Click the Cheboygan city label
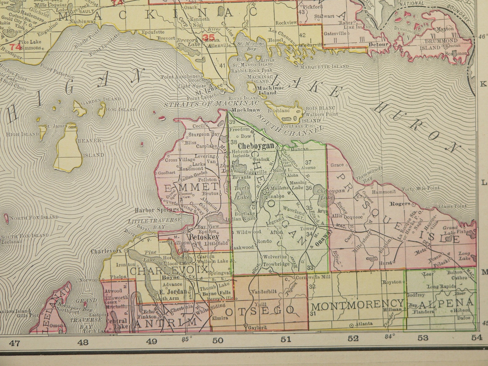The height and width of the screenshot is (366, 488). pyautogui.click(x=256, y=146)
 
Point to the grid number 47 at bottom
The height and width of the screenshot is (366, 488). pyautogui.click(x=15, y=342)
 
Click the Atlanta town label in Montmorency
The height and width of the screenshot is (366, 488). pyautogui.click(x=364, y=324)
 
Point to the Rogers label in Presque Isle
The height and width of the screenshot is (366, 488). pyautogui.click(x=400, y=203)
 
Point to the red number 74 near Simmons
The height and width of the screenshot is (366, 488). pyautogui.click(x=15, y=47)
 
